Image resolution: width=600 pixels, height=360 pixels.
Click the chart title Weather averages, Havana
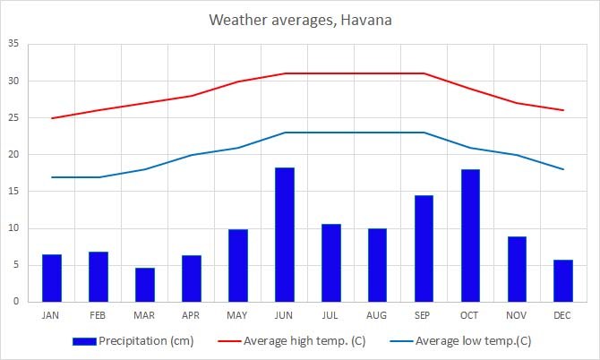(299, 19)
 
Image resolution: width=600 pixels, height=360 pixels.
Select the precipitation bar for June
(284, 235)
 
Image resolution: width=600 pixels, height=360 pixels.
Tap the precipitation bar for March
(145, 285)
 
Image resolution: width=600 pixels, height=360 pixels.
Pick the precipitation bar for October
(470, 236)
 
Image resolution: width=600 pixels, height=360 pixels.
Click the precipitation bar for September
(424, 248)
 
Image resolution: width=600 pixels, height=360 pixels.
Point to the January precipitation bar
(52, 278)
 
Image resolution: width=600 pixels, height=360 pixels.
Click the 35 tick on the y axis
(13, 44)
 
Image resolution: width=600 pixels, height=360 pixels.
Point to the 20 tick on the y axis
(13, 155)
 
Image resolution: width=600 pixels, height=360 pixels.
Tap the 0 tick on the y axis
(15, 302)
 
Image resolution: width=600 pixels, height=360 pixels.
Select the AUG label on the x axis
(377, 314)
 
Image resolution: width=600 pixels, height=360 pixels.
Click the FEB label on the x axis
(99, 314)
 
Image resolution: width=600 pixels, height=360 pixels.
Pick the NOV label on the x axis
(517, 314)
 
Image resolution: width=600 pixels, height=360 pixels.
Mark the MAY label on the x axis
(237, 314)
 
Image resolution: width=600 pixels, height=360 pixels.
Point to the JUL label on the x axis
(330, 314)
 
